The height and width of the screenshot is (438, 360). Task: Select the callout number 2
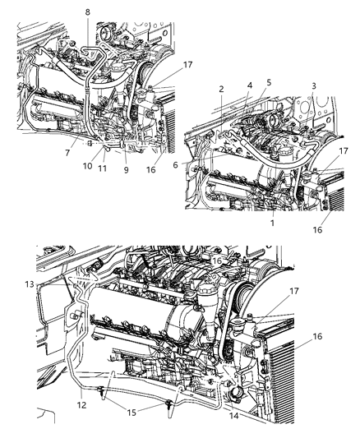(222, 88)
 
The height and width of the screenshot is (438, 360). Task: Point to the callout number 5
(268, 82)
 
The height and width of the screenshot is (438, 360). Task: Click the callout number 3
(316, 85)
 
